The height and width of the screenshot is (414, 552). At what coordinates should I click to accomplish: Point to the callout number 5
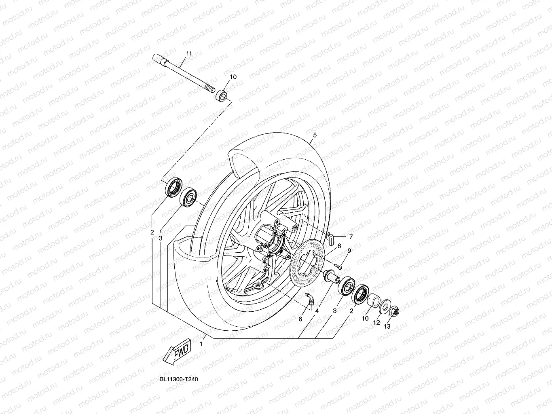tap(315, 135)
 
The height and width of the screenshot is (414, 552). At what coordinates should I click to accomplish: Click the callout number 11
tap(188, 54)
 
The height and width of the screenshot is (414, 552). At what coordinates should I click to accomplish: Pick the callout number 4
tap(317, 311)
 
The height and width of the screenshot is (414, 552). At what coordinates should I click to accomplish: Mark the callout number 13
tap(387, 327)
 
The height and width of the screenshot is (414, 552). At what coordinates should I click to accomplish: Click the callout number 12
tap(376, 323)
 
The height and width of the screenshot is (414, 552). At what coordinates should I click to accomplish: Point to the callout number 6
tap(300, 319)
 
